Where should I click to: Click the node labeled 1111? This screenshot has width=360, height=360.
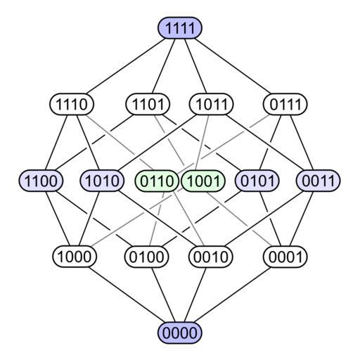pos(180,27)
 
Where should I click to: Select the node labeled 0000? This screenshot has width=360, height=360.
pos(180,333)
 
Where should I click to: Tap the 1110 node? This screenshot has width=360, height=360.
pos(72,104)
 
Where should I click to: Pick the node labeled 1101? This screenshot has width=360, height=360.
pos(148,104)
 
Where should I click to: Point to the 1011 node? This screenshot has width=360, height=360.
pos(212,104)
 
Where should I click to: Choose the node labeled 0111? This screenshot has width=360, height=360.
pos(285,104)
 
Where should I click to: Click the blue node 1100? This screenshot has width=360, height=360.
pos(41,181)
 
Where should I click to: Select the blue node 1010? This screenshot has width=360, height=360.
pos(102,181)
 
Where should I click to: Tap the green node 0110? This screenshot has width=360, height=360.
pos(157,181)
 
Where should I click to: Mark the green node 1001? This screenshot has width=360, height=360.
pos(203,181)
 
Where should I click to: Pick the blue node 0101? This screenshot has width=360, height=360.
pos(257,181)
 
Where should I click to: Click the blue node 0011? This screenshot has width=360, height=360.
pos(319,181)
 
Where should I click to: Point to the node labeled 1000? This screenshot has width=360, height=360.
pos(75,257)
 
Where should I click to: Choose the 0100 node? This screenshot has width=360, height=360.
pos(146,257)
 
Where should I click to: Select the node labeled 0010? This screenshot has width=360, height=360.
pos(211,257)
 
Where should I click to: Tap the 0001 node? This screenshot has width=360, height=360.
pos(285,257)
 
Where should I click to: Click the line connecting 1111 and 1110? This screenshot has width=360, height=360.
pos(126,66)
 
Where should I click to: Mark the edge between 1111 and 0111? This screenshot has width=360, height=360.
pos(233,66)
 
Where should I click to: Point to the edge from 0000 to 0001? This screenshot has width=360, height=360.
pos(233,295)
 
